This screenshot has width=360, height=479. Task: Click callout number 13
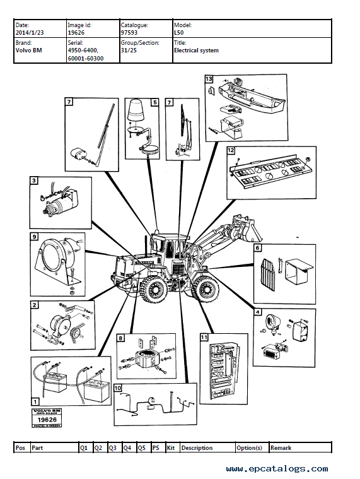[209, 80]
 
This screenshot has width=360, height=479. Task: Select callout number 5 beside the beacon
[154, 102]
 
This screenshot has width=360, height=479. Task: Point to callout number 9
[33, 237]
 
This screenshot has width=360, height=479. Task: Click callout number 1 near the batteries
[35, 400]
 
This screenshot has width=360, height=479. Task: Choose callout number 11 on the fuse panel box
[204, 338]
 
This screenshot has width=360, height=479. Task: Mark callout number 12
[231, 150]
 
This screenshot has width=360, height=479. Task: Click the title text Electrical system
[196, 50]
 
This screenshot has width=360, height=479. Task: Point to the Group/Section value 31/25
[129, 50]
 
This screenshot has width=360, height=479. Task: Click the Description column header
[197, 447]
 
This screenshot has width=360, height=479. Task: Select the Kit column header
[171, 447]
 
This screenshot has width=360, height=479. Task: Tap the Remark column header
[281, 447]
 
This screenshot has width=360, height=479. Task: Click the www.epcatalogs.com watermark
[277, 468]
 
